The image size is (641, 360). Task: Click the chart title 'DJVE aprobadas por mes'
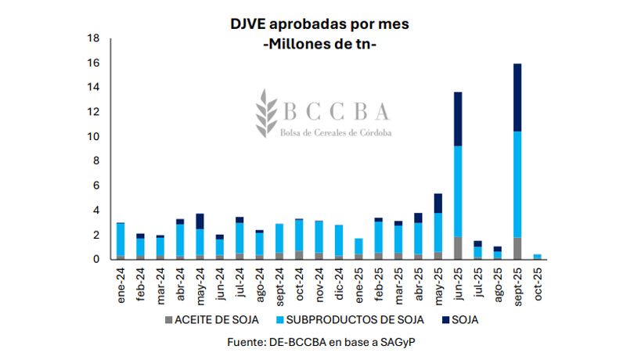pos(319,24)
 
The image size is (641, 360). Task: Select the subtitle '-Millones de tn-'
pos(319,45)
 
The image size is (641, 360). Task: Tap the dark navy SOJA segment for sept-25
pos(517,97)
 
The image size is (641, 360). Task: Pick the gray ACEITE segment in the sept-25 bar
pos(517,247)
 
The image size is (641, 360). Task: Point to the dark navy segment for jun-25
pos(457,119)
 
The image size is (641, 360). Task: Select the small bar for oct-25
pos(538,256)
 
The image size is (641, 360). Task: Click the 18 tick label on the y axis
pos(93,38)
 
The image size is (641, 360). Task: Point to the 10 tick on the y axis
pos(93,137)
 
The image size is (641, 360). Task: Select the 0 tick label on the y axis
pos(96,259)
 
